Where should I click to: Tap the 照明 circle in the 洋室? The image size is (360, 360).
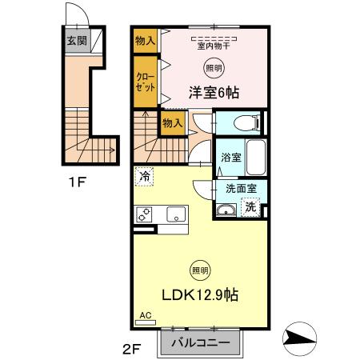point(213,68)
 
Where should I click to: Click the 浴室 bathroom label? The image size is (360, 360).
point(230,158)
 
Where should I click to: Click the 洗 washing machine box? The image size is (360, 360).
point(250,207)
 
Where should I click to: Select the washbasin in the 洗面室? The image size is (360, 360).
point(226,210)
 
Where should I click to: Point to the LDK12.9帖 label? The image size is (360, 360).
point(201,294)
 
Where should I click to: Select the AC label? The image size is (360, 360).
point(145,316)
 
